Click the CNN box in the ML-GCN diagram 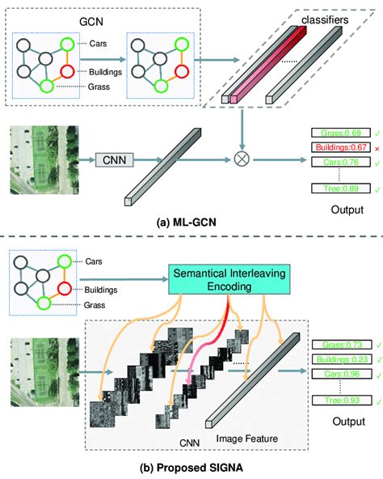[115, 159]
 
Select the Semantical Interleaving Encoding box [229, 279]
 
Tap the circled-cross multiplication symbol [242, 159]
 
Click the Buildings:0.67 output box [341, 147]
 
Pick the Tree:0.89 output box [341, 189]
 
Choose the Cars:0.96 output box [342, 374]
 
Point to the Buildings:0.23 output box [342, 359]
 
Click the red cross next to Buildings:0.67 [377, 149]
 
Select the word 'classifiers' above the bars [325, 20]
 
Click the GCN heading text [91, 22]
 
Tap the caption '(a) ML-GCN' [186, 222]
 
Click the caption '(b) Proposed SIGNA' [191, 468]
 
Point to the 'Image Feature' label [247, 439]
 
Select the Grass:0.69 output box [341, 133]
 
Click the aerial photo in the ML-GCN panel [44, 160]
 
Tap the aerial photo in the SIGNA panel [45, 372]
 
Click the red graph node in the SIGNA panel [65, 288]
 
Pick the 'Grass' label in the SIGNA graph [95, 305]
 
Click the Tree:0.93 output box [342, 401]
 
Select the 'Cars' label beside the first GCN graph [98, 44]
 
